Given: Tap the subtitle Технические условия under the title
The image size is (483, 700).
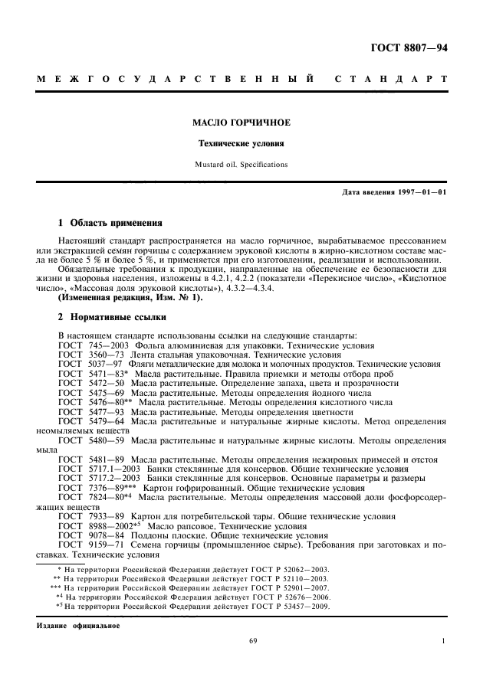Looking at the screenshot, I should pyautogui.click(x=242, y=143).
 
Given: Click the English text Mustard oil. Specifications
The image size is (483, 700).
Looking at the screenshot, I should pyautogui.click(x=242, y=164).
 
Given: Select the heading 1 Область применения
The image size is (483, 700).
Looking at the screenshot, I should pyautogui.click(x=110, y=224).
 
